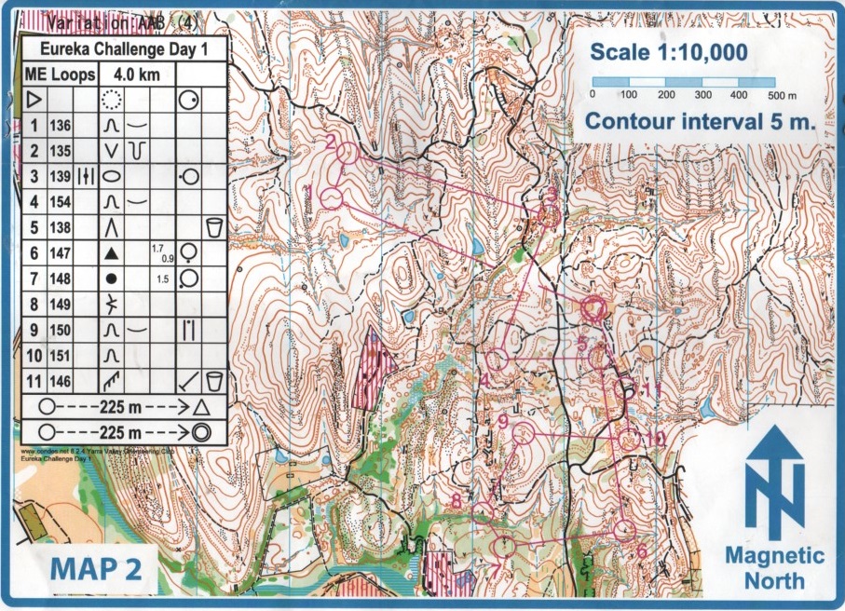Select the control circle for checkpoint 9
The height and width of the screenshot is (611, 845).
click(x=523, y=432)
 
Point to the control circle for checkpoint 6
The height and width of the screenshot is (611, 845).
click(x=624, y=530)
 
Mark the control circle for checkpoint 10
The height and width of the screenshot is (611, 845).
click(x=630, y=440)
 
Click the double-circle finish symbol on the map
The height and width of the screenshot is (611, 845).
click(x=593, y=308)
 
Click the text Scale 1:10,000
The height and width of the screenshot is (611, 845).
click(x=669, y=53)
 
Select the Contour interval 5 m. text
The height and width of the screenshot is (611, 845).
click(x=700, y=121)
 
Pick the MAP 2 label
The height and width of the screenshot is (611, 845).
click(x=96, y=568)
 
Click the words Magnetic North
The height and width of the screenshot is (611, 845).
click(x=774, y=568)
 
